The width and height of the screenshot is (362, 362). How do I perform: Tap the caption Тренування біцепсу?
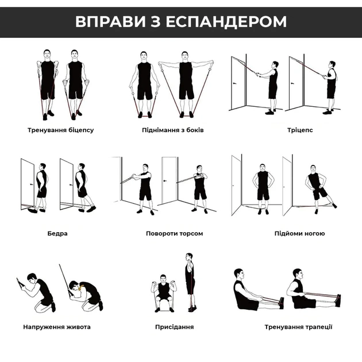click(x=60, y=130)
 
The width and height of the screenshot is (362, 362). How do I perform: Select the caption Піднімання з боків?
click(x=173, y=130)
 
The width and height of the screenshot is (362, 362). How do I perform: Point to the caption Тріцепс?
click(x=301, y=130)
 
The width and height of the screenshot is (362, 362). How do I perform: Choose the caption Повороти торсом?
click(x=175, y=233)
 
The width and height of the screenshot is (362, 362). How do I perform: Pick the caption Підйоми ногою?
click(x=300, y=233)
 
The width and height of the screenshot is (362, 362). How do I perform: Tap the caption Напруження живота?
click(x=57, y=327)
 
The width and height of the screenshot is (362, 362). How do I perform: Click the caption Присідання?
click(x=174, y=327)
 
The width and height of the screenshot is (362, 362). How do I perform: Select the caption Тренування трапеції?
click(x=299, y=327)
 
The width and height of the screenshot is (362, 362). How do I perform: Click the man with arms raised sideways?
click(x=186, y=83)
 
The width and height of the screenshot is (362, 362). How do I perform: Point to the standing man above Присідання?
click(x=190, y=282)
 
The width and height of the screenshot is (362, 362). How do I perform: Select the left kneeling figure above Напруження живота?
click(x=40, y=294)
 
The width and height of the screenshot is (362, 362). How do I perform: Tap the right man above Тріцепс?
click(x=330, y=85)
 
